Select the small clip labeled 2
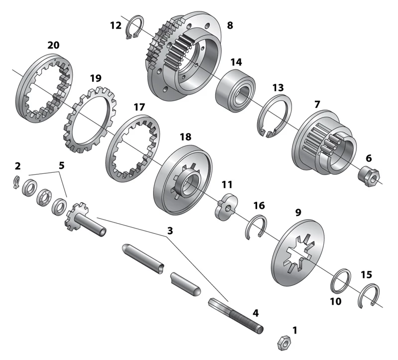16,182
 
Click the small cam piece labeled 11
226,207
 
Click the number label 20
53,45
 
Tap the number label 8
230,24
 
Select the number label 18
185,136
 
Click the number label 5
62,165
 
